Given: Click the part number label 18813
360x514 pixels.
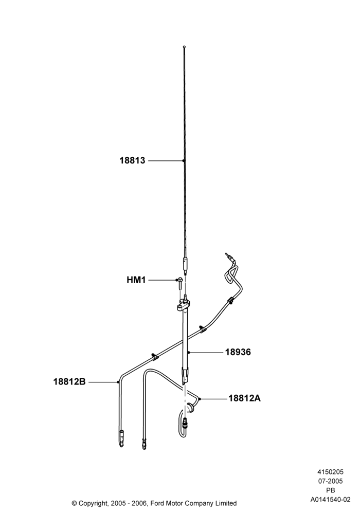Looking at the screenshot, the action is (x=132, y=160).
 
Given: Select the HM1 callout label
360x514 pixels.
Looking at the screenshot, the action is (x=136, y=280).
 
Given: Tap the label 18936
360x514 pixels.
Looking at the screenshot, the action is (x=238, y=352).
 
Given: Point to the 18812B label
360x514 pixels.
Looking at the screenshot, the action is (x=69, y=381).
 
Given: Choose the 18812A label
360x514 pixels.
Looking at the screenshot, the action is (x=244, y=398).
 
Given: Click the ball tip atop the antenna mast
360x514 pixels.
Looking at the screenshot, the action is (x=184, y=47).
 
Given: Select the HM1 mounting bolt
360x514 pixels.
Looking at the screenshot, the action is (x=180, y=284).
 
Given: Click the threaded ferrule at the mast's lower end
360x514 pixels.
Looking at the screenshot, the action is (x=185, y=266).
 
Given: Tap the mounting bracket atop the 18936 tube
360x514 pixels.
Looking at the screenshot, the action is (x=183, y=306).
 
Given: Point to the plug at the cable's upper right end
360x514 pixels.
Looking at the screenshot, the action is (x=227, y=256).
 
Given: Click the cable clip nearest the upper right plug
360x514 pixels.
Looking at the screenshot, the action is (x=230, y=300).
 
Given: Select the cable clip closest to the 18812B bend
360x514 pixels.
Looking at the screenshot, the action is (x=154, y=356).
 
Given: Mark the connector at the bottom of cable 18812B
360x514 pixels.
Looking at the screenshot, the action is (x=121, y=438).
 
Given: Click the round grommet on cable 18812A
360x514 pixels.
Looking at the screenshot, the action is (x=189, y=408).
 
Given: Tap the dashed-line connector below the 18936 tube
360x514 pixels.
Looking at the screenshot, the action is (x=185, y=424).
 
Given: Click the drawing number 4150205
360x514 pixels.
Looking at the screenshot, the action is (x=331, y=472).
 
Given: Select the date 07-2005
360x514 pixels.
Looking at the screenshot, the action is (x=331, y=481).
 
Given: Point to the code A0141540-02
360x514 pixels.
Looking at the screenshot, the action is (x=331, y=500).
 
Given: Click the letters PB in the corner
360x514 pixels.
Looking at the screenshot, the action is (x=331, y=490).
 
